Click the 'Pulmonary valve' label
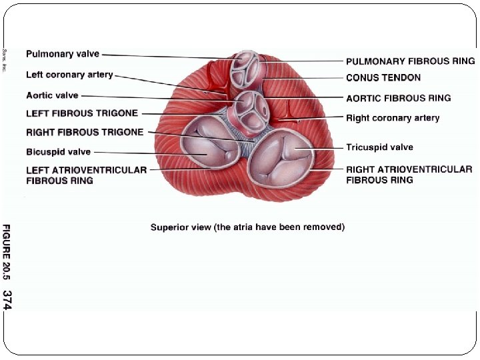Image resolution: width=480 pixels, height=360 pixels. click(63, 54)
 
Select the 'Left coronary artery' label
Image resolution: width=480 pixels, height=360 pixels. click(69, 75)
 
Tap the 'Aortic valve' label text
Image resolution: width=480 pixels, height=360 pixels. click(52, 96)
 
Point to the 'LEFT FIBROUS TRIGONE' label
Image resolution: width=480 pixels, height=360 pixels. click(82, 113)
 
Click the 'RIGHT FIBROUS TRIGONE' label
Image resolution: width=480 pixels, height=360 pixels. click(85, 132)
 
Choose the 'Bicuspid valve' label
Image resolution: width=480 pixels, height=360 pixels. click(58, 152)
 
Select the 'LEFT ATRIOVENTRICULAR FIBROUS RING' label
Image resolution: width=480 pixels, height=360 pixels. click(86, 175)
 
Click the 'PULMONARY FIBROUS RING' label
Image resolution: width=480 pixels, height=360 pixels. click(411, 61)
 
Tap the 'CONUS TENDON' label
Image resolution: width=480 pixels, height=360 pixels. click(383, 78)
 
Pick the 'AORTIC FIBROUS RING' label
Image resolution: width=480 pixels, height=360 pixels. click(399, 98)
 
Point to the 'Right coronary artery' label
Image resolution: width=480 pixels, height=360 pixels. click(393, 118)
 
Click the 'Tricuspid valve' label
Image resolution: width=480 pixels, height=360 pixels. click(379, 147)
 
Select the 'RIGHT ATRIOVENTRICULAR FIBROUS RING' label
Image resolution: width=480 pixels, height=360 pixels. click(409, 175)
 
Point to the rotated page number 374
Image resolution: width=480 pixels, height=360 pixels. click(7, 299)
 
